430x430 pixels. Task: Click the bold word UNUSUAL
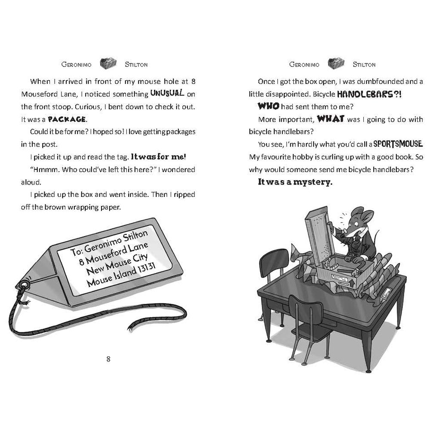167,93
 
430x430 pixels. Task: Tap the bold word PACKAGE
67,119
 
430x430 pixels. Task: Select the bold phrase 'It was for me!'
159,157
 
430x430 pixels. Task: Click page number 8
108,359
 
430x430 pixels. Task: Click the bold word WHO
268,106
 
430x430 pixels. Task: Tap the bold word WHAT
331,119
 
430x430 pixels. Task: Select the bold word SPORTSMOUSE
398,144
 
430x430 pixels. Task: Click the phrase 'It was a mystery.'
295,182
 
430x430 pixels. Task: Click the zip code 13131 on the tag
146,268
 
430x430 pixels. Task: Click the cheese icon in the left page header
108,64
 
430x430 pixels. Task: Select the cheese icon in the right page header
336,64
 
